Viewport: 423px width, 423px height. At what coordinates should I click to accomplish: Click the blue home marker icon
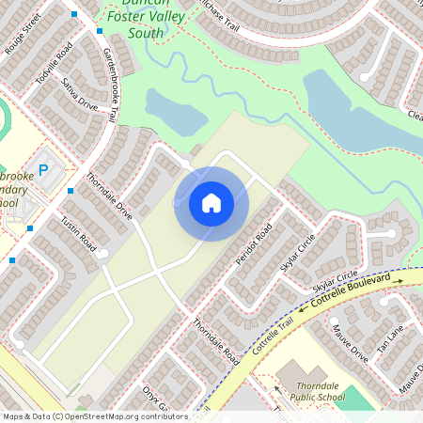tap(211, 203)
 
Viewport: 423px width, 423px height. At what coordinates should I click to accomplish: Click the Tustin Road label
tap(78, 233)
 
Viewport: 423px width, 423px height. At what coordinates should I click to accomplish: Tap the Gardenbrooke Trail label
tap(109, 85)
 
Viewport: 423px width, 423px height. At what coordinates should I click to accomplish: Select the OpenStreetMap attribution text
tap(94, 416)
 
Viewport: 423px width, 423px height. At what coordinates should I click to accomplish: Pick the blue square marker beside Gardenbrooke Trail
tap(100, 30)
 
